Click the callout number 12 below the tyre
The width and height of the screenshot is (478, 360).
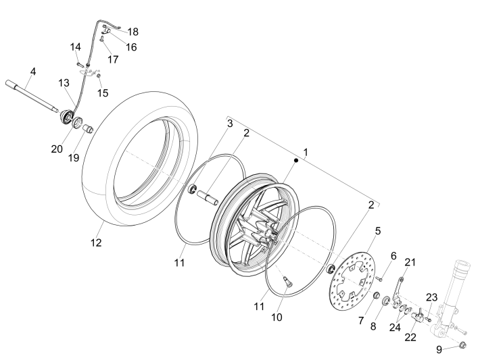[96, 242]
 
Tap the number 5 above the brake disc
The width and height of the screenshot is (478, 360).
[377, 230]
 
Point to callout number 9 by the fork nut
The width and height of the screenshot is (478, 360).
[439, 349]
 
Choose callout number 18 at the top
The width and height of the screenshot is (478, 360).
[133, 32]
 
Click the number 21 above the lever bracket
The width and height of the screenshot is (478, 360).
[410, 261]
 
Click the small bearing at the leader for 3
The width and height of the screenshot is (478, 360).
[193, 186]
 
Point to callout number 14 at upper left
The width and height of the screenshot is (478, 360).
[76, 47]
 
